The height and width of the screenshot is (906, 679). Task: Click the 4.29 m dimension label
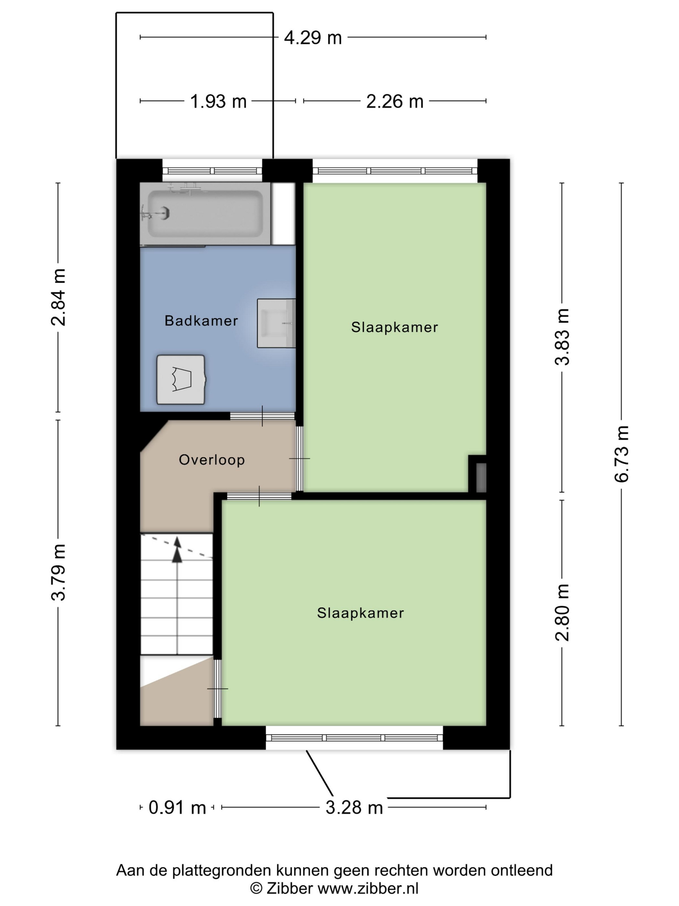point(313,38)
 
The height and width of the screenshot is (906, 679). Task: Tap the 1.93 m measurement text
point(218,101)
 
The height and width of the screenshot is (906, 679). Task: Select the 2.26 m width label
point(394,101)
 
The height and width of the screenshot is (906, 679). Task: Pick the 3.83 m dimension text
point(562,337)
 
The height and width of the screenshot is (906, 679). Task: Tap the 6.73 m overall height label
point(621,454)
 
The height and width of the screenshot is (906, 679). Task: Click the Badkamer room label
point(201,321)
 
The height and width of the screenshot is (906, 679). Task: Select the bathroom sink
point(276,323)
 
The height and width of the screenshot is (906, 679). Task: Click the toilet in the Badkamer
point(181,379)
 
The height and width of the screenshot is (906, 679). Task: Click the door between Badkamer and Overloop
point(262,416)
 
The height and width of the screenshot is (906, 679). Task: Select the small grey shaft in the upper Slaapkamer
point(481,478)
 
